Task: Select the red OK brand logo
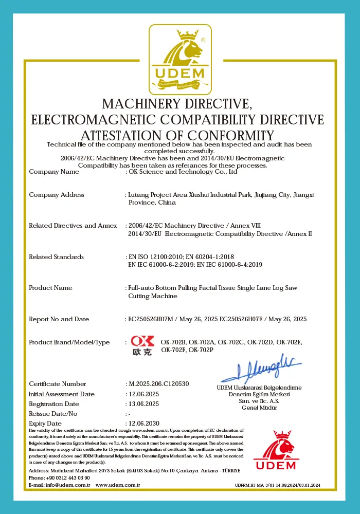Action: click(142, 345)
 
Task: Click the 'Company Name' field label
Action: click(54, 172)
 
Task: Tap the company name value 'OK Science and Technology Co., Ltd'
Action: click(183, 172)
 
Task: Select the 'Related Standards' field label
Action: click(56, 257)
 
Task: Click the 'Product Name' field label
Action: click(50, 288)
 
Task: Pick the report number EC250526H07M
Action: click(149, 319)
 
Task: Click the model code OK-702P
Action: click(201, 350)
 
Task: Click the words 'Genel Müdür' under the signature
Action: click(259, 408)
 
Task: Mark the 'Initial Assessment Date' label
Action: click(62, 394)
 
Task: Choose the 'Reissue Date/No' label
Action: click(53, 414)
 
